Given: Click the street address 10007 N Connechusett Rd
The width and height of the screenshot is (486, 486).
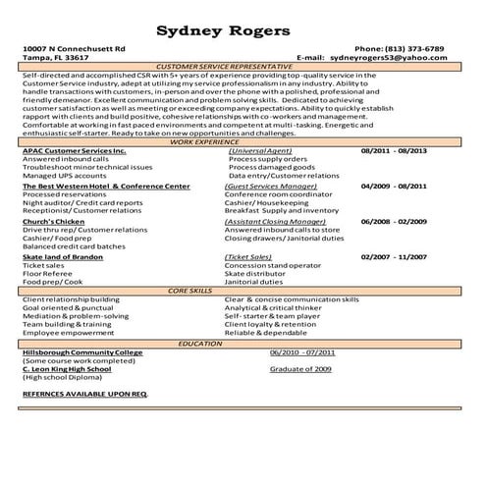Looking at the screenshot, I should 74,48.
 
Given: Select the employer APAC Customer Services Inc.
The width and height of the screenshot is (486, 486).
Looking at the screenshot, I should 75,151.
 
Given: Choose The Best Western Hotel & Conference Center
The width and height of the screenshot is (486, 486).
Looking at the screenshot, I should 106,186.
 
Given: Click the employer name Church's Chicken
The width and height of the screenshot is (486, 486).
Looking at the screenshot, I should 53,222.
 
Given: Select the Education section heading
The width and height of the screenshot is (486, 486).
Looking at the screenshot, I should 200,344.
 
